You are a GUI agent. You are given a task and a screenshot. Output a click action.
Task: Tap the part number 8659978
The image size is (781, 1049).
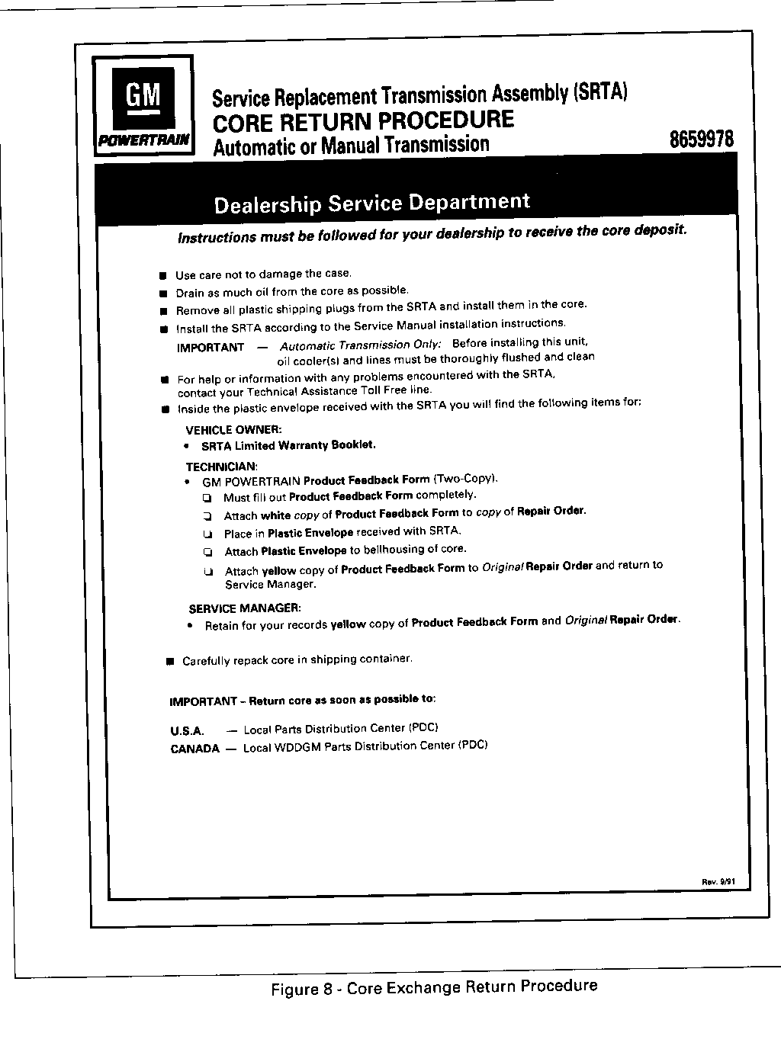coord(701,140)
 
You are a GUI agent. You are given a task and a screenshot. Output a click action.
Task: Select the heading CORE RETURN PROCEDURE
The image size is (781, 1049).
coord(363,120)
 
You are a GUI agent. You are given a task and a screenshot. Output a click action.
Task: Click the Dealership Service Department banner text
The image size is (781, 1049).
coord(371,203)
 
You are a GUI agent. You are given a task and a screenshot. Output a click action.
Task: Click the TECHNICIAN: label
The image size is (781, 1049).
coord(222,466)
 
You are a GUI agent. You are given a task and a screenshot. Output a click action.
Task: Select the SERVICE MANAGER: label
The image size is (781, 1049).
coord(245,608)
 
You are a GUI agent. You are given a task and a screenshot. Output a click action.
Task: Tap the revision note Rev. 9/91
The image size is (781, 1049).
coord(717,882)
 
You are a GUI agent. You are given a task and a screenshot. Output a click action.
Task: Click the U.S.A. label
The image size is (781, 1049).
coord(188,730)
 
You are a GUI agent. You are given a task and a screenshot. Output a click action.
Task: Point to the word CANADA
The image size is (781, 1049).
coord(194,749)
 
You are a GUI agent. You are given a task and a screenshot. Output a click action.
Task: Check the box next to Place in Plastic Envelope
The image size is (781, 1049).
coord(207,534)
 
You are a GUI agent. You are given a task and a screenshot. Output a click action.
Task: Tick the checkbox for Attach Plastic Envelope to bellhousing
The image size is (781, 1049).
coord(207,551)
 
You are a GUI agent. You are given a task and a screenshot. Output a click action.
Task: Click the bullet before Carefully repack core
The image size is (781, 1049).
coord(169,661)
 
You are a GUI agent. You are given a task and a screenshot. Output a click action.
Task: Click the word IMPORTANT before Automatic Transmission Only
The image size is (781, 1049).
coord(211,348)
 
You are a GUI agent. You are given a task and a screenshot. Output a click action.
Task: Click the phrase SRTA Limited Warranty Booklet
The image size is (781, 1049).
coord(288,445)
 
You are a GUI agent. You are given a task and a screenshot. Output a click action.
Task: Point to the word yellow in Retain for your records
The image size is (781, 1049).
coord(348,624)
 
